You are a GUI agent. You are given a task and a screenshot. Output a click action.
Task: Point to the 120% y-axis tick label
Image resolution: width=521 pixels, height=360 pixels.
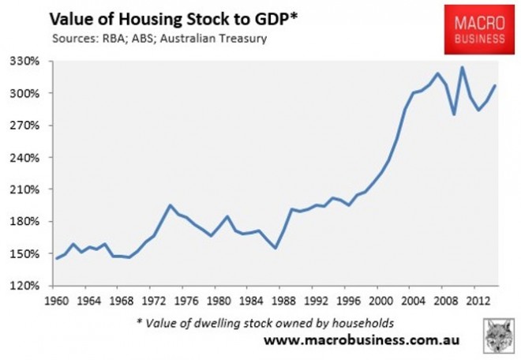(x=32, y=286)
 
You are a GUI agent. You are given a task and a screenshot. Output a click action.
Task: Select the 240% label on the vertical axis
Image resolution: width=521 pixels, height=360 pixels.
(x=32, y=158)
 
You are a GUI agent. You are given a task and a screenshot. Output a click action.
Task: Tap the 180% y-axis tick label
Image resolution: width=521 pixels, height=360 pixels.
(x=32, y=222)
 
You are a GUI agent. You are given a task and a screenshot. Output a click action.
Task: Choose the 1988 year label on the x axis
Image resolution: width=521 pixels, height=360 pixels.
(x=275, y=301)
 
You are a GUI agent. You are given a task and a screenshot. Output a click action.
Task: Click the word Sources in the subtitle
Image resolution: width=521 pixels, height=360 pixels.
(x=76, y=37)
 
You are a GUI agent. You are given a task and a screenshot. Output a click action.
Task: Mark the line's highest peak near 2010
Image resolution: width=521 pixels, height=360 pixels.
(x=462, y=67)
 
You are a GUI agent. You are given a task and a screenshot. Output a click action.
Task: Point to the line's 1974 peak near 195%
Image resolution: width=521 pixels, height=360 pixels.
(x=170, y=205)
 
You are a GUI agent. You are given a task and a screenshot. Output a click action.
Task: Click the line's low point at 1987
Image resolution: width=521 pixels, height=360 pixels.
(x=275, y=249)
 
